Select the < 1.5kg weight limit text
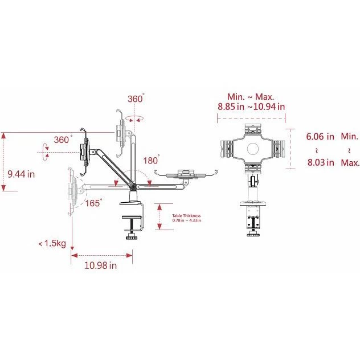[x=52, y=244]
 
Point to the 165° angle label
[x=93, y=203]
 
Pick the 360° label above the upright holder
[x=136, y=99]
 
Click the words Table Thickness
[x=185, y=215]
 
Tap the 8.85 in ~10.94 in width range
[x=251, y=106]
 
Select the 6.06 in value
[x=320, y=137]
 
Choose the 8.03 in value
[x=320, y=162]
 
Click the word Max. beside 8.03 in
[x=349, y=162]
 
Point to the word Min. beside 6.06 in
[x=349, y=137]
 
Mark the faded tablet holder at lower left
[x=72, y=189]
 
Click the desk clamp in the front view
[x=251, y=219]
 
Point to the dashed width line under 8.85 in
[x=251, y=118]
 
